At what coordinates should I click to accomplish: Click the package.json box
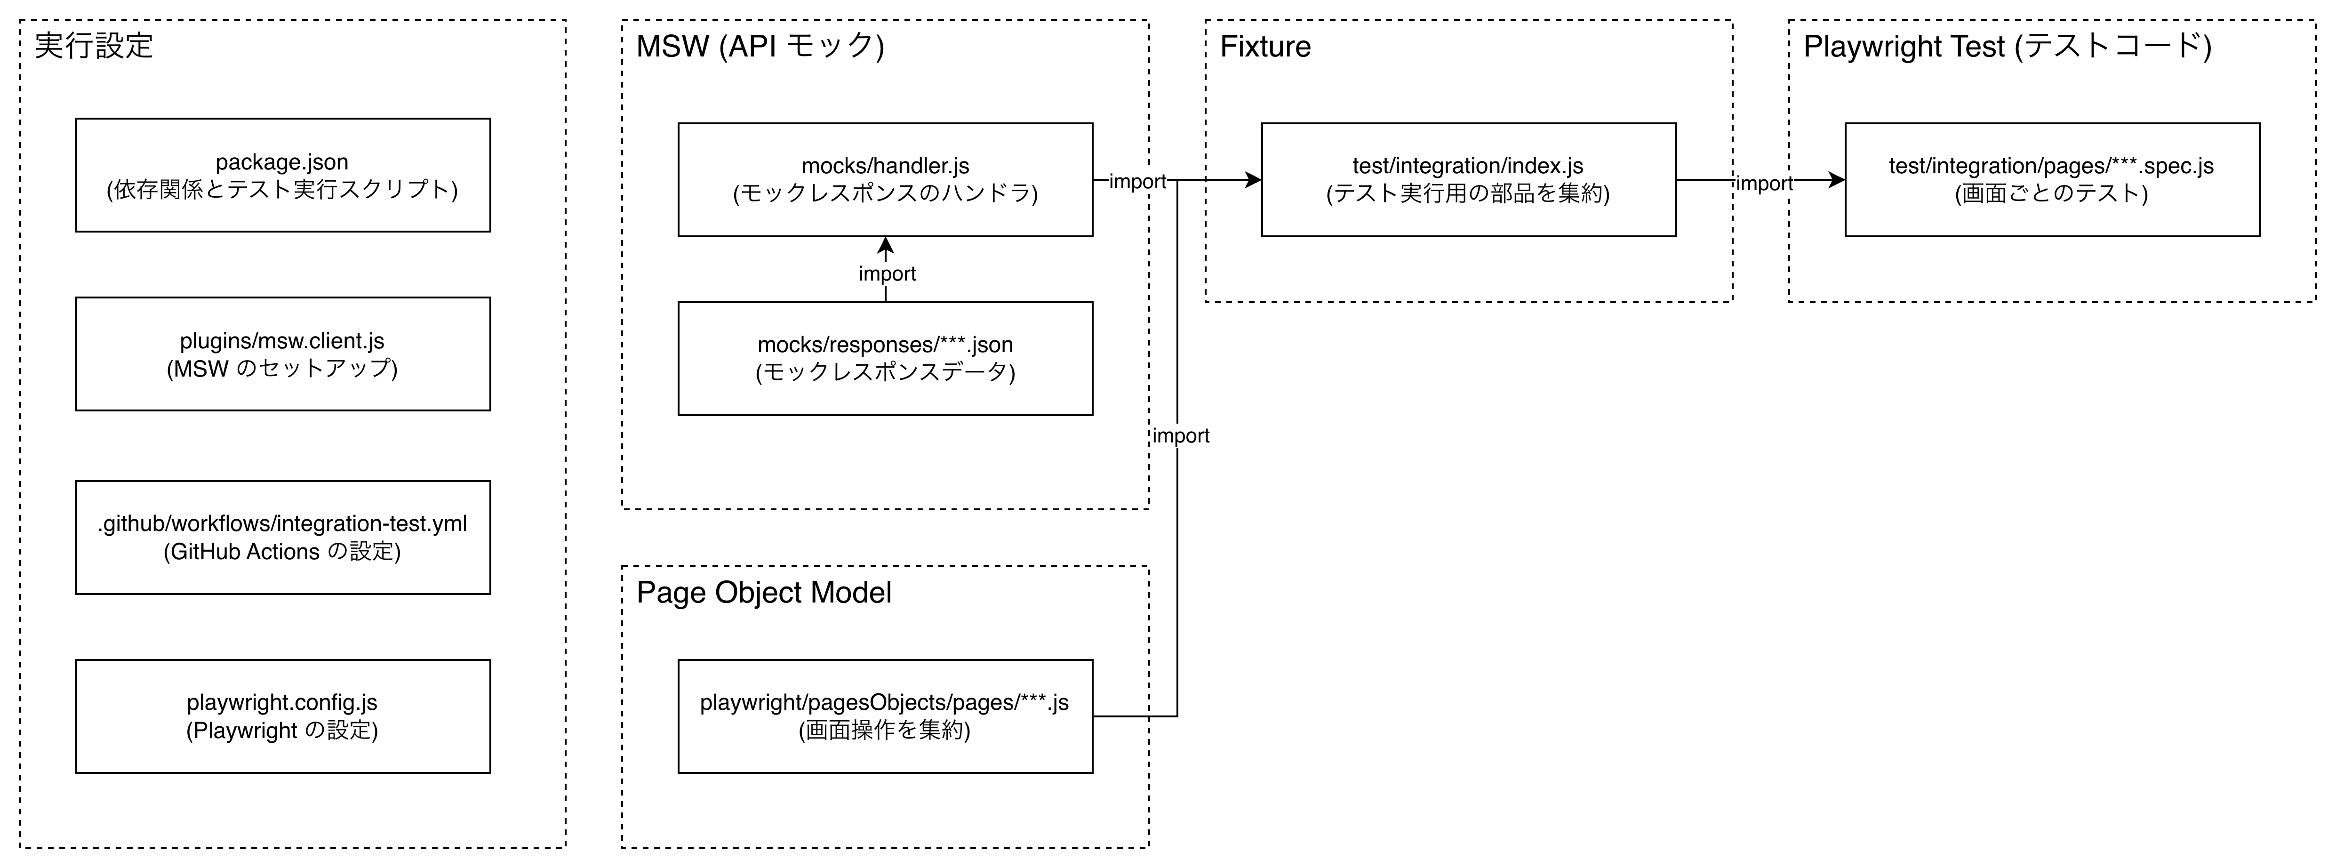coord(283,175)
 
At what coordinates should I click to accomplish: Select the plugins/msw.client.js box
coord(283,354)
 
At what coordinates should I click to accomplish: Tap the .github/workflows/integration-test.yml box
coord(283,537)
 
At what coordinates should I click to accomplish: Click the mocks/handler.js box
coord(885,180)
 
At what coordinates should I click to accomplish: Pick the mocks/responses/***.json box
coord(885,358)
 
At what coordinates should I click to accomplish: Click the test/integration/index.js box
coord(1468,180)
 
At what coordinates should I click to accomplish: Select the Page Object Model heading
coord(764,592)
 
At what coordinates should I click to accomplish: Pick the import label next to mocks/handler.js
coord(1137,181)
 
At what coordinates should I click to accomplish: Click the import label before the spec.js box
coord(1764,183)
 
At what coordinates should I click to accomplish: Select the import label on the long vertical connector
coord(1181,435)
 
